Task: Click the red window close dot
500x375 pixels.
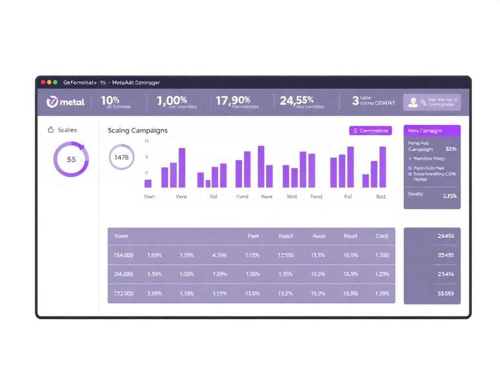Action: [43, 83]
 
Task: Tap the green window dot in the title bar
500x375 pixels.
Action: [55, 83]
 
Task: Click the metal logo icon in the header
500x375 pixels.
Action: [52, 102]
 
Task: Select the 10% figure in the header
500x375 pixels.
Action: [110, 100]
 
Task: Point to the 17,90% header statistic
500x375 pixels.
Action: [233, 101]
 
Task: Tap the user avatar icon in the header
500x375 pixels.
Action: [413, 102]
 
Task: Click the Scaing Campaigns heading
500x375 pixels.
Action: [138, 130]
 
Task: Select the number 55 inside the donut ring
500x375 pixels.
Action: [71, 159]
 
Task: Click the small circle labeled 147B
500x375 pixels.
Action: [121, 157]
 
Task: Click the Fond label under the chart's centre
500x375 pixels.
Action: [242, 197]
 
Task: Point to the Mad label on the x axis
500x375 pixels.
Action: [149, 197]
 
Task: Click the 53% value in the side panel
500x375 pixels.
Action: [451, 149]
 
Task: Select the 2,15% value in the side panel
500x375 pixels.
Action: [449, 196]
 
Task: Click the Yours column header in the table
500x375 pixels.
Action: [121, 236]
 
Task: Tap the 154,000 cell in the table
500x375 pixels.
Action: [124, 255]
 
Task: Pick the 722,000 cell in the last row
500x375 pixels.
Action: [124, 293]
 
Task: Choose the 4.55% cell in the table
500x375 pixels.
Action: [220, 255]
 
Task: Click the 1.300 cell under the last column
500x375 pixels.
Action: [382, 255]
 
